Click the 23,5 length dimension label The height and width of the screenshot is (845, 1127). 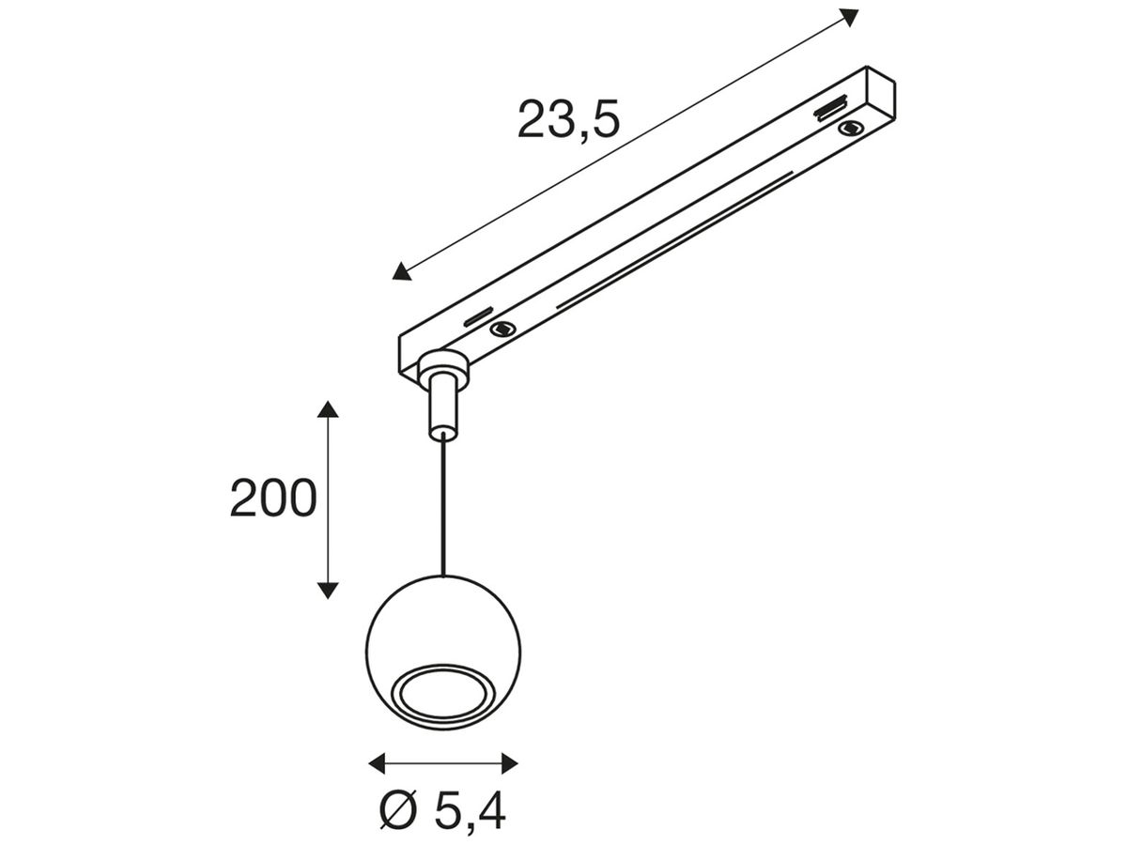click(568, 120)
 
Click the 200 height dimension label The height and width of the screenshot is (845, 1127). click(273, 499)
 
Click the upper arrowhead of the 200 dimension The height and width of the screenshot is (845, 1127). click(327, 410)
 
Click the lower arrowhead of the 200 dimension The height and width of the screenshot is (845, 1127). click(327, 589)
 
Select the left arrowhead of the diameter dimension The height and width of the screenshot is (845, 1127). click(378, 762)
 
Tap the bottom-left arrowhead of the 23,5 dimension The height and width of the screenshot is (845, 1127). click(402, 271)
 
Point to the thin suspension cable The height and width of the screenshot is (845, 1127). click(442, 507)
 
